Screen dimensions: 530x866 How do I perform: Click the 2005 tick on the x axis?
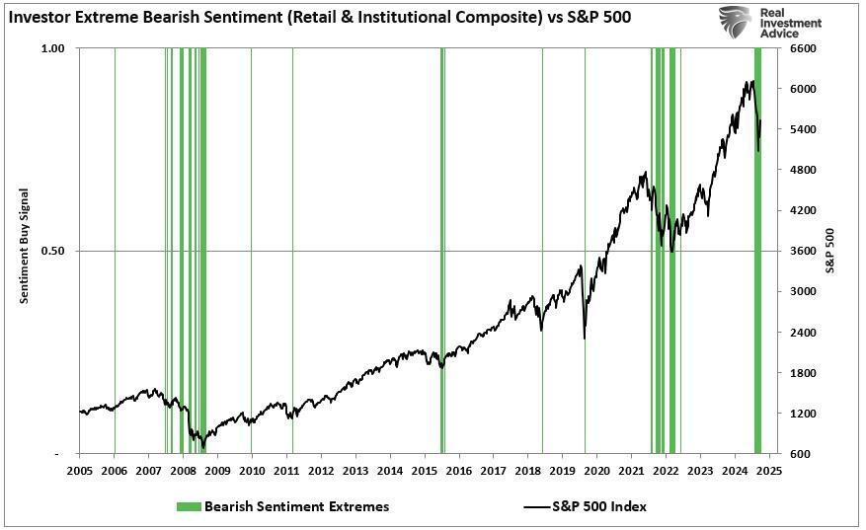pyautogui.click(x=79, y=471)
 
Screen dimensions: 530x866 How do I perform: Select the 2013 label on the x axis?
pyautogui.click(x=355, y=471)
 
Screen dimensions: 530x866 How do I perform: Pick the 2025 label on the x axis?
pyautogui.click(x=769, y=471)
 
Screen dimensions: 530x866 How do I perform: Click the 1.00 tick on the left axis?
pyautogui.click(x=52, y=48)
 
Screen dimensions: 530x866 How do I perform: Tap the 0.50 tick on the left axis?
pyautogui.click(x=52, y=251)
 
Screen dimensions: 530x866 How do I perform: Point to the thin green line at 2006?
pyautogui.click(x=115, y=247)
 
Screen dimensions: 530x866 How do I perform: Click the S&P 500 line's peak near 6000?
pyautogui.click(x=753, y=82)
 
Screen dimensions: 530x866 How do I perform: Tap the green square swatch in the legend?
pyautogui.click(x=189, y=506)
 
